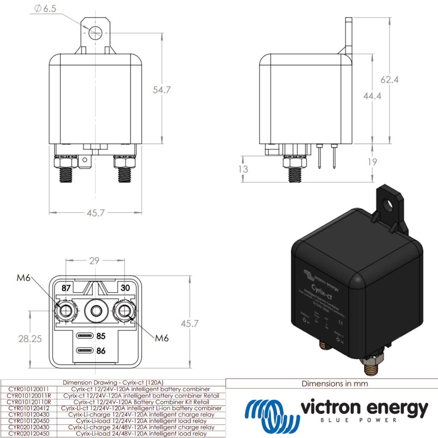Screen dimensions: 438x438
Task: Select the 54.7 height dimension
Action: (x=162, y=90)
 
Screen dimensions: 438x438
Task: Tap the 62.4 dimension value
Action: (x=389, y=80)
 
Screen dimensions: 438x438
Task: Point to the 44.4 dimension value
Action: (x=372, y=96)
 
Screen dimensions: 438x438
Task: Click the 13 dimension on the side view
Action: (x=243, y=169)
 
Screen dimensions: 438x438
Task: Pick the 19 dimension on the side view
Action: (x=372, y=162)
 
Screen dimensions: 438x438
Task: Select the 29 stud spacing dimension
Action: (x=95, y=260)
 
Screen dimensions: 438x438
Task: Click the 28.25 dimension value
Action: (x=30, y=339)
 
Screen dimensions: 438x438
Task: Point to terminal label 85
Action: (x=101, y=336)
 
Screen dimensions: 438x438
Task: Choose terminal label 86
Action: (x=101, y=351)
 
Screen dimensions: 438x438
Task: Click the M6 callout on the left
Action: (x=24, y=278)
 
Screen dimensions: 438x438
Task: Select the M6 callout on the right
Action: (x=162, y=338)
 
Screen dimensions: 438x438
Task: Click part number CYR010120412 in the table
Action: (x=29, y=408)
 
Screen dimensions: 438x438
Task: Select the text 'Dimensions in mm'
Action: (x=334, y=384)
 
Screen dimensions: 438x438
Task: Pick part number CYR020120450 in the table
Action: (x=29, y=434)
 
